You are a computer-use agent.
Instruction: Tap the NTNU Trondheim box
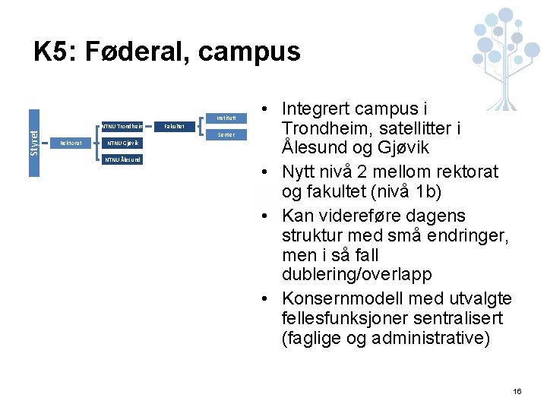click(x=123, y=126)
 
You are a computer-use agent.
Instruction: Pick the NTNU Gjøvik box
click(x=123, y=143)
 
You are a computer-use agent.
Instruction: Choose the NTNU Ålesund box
click(x=123, y=159)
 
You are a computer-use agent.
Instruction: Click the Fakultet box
click(x=174, y=126)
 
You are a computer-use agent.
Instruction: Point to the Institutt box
click(x=226, y=118)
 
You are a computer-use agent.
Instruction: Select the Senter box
click(x=226, y=134)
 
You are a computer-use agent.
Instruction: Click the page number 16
click(x=517, y=391)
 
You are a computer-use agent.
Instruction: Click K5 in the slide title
click(x=55, y=52)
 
